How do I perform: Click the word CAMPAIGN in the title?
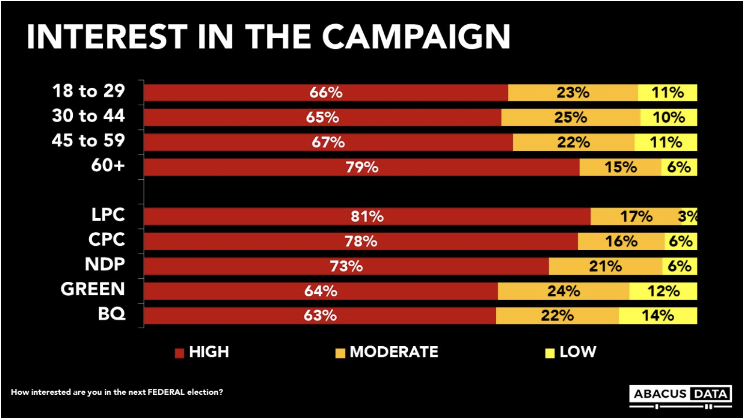click(x=416, y=37)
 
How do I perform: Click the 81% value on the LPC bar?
click(x=367, y=217)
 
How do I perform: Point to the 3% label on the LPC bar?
click(x=688, y=217)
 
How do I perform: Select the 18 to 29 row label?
click(x=88, y=91)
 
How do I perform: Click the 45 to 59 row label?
click(x=88, y=141)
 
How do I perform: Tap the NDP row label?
click(x=105, y=264)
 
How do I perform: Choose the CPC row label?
click(x=106, y=240)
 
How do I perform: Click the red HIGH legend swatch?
click(x=179, y=353)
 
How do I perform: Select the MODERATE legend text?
click(x=394, y=352)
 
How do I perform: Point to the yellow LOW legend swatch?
click(x=550, y=353)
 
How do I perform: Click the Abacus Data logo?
click(x=680, y=396)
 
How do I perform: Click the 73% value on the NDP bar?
click(x=346, y=266)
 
